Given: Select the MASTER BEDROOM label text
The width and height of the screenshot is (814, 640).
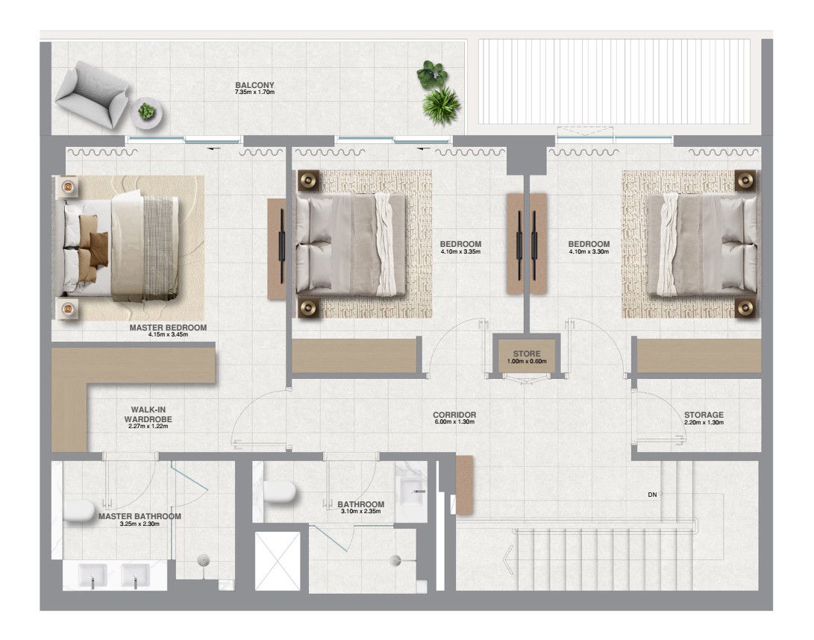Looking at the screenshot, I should (x=168, y=327).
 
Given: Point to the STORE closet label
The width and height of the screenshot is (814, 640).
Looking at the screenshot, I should (x=526, y=354).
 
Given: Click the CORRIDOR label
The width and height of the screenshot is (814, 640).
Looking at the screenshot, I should (x=454, y=415).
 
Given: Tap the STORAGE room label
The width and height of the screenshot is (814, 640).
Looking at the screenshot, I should (x=704, y=415).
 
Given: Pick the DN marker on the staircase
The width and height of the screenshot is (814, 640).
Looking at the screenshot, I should (x=652, y=495).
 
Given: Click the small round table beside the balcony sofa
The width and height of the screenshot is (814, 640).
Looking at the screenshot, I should (x=146, y=112).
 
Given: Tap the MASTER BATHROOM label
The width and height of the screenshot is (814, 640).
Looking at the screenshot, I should (x=140, y=515).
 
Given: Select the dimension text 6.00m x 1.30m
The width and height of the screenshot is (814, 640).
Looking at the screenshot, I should (x=454, y=423).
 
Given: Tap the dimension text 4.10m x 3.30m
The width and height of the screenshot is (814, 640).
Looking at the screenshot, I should (x=589, y=252).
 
